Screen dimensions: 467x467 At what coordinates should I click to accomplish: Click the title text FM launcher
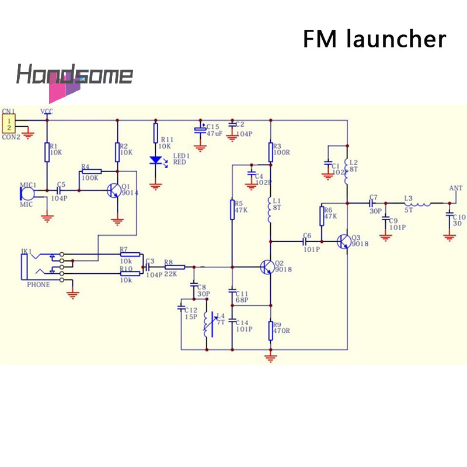click(x=374, y=39)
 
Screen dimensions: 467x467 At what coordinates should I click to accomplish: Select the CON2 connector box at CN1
click(x=9, y=123)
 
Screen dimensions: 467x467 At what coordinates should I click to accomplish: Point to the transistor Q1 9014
click(x=114, y=191)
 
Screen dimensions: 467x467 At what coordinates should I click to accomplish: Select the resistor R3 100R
click(x=270, y=152)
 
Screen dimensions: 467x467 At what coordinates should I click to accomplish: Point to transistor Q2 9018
click(x=267, y=267)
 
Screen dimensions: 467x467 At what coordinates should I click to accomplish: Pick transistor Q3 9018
click(x=344, y=241)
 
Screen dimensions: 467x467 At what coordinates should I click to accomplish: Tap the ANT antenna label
click(x=455, y=188)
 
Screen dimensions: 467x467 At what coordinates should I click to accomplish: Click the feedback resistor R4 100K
click(x=91, y=172)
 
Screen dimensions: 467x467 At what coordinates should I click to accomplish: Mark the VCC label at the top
click(x=46, y=111)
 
